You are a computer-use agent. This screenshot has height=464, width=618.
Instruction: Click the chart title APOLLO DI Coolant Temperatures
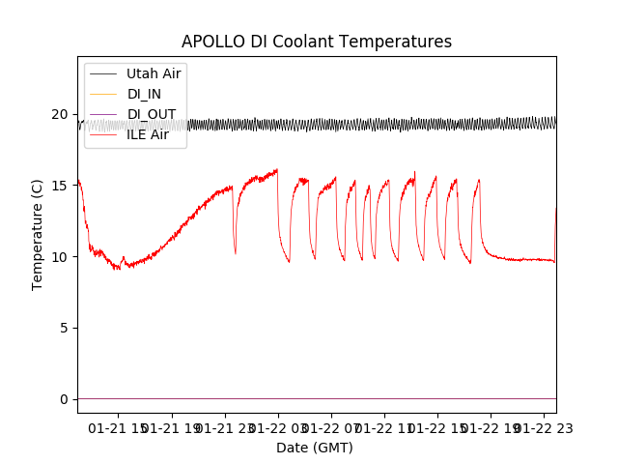317,42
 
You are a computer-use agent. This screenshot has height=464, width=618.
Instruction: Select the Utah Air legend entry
154,73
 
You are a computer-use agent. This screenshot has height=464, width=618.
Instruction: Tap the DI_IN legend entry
144,94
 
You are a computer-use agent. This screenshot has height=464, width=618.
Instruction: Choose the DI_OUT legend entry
152,114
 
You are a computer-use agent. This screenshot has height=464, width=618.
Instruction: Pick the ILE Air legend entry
148,134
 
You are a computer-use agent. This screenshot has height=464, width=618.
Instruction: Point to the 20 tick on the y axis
61,114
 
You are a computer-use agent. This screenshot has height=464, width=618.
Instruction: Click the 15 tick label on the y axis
61,186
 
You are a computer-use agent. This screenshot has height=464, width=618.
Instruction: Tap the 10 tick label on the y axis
61,257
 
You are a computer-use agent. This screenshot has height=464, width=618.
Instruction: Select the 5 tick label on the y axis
65,328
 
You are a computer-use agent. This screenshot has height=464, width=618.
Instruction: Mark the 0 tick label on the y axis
65,399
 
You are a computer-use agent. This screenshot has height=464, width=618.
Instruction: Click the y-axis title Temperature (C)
38,234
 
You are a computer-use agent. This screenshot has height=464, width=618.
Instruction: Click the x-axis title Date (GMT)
315,448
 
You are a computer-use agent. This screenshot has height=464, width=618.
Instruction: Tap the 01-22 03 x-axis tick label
278,428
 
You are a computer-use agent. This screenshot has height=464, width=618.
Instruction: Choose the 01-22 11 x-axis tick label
384,428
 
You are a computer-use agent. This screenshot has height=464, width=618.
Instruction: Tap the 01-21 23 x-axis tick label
225,428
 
